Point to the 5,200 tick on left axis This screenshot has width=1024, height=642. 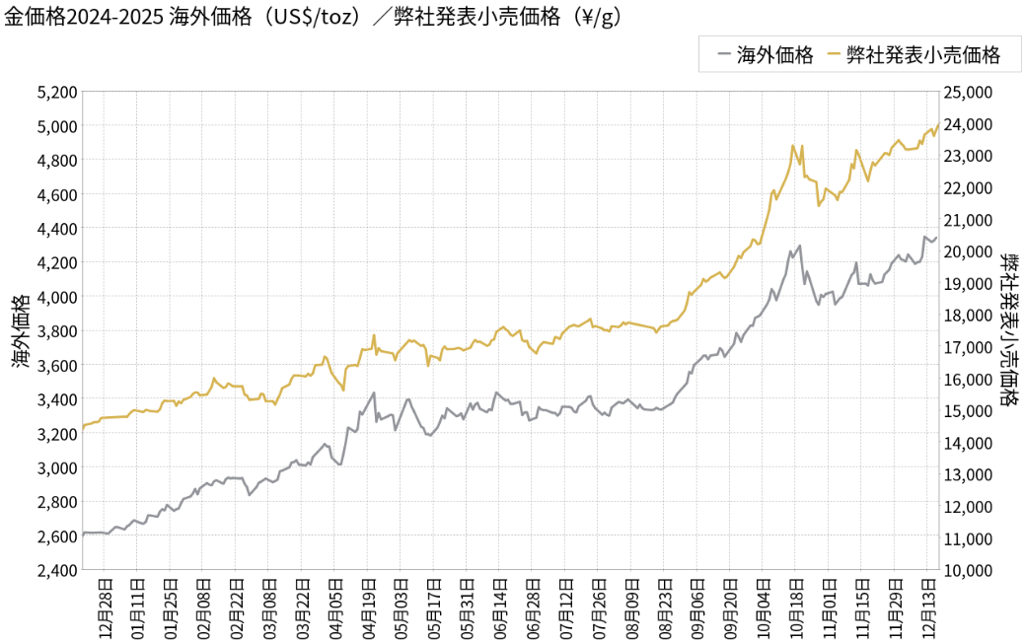click(56, 92)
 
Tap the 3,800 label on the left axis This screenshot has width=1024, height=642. click(56, 331)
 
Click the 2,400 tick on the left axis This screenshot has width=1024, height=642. click(56, 570)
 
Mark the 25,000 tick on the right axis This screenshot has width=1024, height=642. click(968, 92)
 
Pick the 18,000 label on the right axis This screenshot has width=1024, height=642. click(968, 316)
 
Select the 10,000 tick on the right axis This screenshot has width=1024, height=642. click(968, 570)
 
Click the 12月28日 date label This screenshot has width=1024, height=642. click(106, 606)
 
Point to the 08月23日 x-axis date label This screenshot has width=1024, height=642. click(665, 606)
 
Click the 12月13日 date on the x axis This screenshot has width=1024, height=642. click(928, 606)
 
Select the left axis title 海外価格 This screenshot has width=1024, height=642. click(20, 331)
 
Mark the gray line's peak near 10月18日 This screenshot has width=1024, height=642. click(799, 246)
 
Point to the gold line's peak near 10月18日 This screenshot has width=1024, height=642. click(793, 146)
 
